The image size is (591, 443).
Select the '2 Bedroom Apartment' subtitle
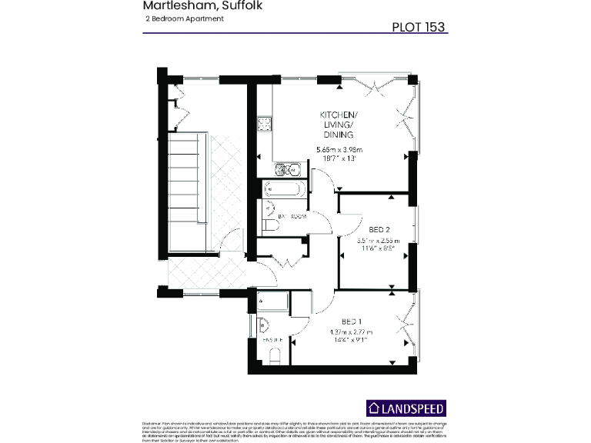pyautogui.click(x=184, y=18)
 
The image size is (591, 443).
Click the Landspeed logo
pyautogui.click(x=406, y=408)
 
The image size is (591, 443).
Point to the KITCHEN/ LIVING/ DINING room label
pyautogui.click(x=339, y=125)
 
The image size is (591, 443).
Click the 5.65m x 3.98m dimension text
pyautogui.click(x=339, y=150)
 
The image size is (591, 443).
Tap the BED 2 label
pyautogui.click(x=379, y=229)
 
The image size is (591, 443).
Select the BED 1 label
pyautogui.click(x=352, y=321)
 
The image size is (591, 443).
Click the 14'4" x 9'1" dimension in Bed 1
pyautogui.click(x=350, y=338)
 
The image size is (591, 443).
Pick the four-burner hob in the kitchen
pyautogui.click(x=265, y=123)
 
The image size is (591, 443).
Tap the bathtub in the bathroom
pyautogui.click(x=284, y=190)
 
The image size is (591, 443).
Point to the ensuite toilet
pyautogui.click(x=274, y=355)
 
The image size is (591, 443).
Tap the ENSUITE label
pyautogui.click(x=272, y=338)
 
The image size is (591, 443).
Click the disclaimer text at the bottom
pyautogui.click(x=295, y=431)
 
